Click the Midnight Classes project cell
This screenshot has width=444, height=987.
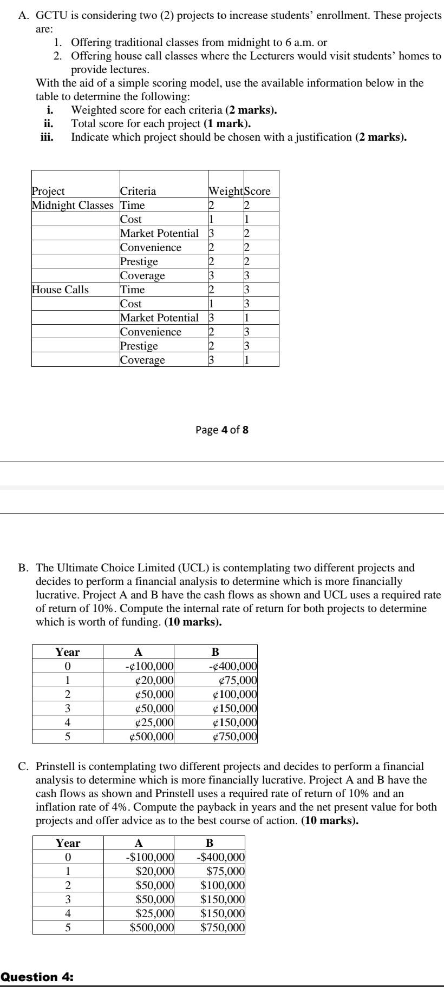(x=73, y=205)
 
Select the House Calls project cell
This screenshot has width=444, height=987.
(x=60, y=289)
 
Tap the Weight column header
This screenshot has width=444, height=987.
(x=225, y=191)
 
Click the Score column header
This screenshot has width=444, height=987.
(x=258, y=191)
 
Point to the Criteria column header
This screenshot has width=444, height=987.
(x=138, y=191)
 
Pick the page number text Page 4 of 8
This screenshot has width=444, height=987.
(x=222, y=430)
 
